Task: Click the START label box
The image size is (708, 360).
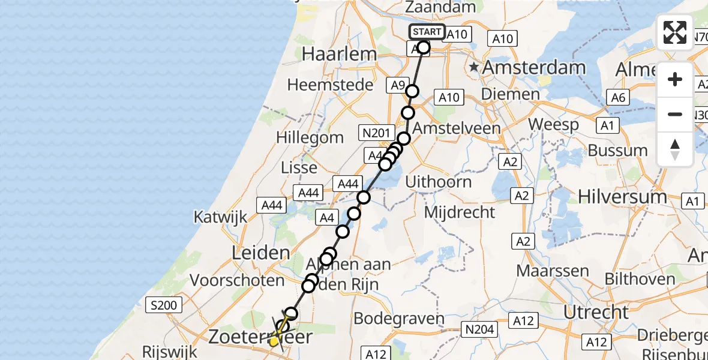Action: (427, 32)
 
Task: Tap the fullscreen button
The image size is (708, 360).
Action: (675, 32)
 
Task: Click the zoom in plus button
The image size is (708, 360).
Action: (675, 80)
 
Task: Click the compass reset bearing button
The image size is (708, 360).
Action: (675, 149)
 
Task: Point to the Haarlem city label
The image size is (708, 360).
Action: (340, 53)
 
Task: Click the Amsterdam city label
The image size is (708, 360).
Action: (533, 67)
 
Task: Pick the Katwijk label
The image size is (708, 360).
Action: (220, 217)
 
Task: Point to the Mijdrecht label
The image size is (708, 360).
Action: (460, 212)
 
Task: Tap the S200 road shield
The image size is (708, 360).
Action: (164, 305)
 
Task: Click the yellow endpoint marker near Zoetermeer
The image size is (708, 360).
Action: (274, 341)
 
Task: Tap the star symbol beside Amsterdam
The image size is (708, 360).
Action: (475, 67)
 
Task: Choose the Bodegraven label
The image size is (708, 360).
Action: (399, 319)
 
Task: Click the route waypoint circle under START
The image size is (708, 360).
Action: (424, 47)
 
